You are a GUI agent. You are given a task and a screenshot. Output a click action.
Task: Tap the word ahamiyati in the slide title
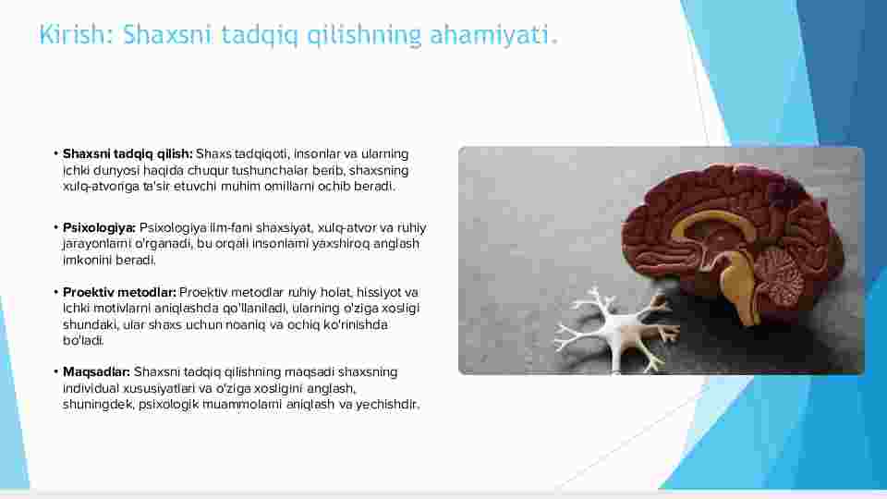pyautogui.click(x=490, y=34)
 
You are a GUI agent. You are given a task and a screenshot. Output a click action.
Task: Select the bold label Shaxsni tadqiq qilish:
pyautogui.click(x=128, y=154)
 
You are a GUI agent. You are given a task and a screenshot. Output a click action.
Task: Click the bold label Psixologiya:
pyautogui.click(x=99, y=227)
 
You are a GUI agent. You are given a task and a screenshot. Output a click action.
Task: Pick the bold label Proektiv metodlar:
pyautogui.click(x=119, y=293)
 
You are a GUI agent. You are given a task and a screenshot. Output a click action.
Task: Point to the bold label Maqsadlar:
pyautogui.click(x=96, y=371)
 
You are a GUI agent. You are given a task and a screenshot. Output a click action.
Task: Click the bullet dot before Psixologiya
pyautogui.click(x=56, y=227)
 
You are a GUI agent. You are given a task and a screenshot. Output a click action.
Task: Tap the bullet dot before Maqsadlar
pyautogui.click(x=56, y=371)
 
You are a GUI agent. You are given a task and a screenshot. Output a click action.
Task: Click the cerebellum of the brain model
pyautogui.click(x=780, y=278)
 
